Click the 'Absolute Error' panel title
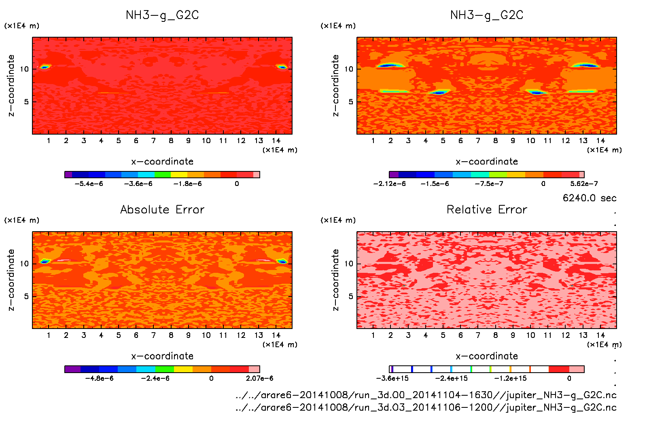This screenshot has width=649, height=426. [162, 209]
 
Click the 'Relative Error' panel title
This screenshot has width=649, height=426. [487, 209]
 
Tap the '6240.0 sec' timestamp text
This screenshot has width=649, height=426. [589, 198]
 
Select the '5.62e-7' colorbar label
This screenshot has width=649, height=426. [584, 183]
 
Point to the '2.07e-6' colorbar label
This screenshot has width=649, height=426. [259, 378]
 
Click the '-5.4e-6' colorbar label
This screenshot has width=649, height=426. [89, 183]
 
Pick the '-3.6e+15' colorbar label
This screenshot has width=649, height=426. [392, 378]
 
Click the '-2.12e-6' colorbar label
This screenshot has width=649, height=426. [389, 183]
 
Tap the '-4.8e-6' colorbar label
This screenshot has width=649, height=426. [99, 378]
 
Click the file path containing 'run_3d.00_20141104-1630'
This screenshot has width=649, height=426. [426, 395]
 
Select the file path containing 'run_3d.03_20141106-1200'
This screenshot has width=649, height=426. [426, 407]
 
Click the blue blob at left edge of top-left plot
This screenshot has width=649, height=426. [44, 67]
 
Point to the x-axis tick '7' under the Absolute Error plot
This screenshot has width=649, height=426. [153, 335]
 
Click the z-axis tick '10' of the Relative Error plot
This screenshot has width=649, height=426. [348, 264]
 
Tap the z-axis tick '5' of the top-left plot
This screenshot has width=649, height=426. [26, 101]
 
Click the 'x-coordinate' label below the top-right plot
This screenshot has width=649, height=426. [487, 161]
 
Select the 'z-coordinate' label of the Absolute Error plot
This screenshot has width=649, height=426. [11, 280]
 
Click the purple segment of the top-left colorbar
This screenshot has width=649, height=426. [68, 175]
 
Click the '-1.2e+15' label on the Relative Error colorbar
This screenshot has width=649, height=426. [510, 378]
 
